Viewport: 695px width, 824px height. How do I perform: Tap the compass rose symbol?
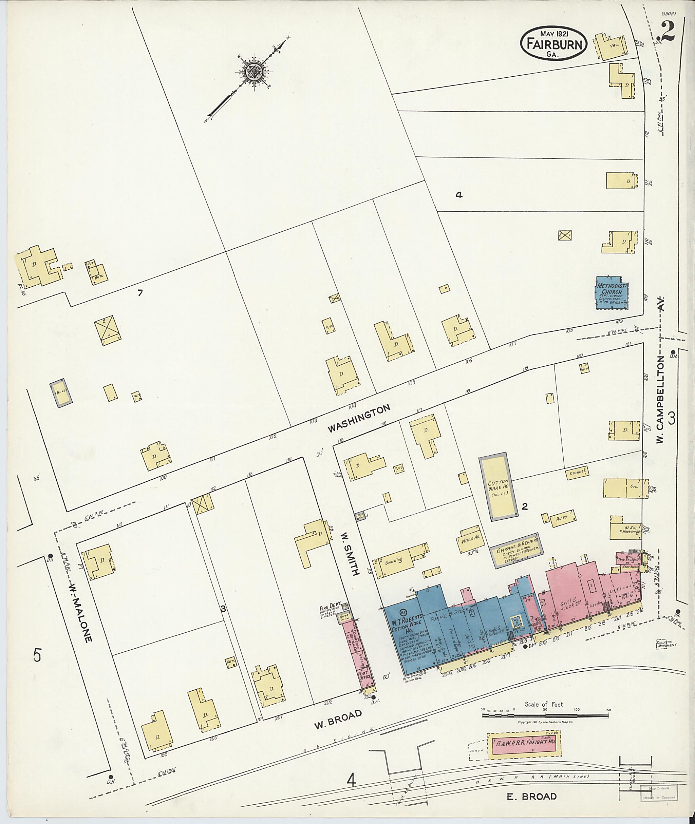[252, 73]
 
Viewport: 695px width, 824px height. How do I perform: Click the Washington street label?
[359, 419]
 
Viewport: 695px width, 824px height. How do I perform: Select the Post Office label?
[364, 677]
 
